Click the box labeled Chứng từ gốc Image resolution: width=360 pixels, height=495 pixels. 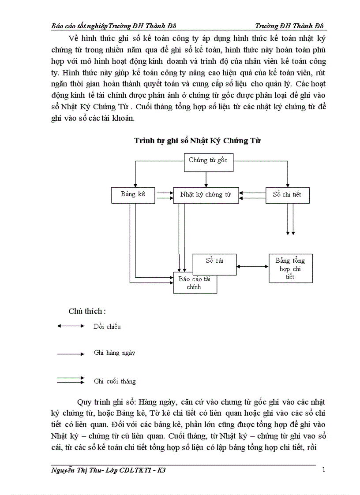[208, 160]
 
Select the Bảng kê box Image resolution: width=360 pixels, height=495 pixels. [133, 194]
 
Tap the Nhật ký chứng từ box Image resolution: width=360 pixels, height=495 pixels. [206, 194]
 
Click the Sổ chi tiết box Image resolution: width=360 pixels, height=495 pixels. [287, 194]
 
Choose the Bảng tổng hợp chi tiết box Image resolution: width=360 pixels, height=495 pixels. [290, 268]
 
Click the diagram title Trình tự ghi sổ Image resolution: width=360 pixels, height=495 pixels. [197, 141]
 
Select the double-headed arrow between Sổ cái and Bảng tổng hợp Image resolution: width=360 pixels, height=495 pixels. [252, 266]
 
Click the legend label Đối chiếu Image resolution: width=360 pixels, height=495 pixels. [107, 327]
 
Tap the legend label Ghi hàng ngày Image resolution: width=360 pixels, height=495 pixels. [115, 353]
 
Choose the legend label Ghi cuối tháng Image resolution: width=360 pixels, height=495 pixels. [115, 381]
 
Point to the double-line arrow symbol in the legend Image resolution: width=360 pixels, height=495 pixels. [71, 380]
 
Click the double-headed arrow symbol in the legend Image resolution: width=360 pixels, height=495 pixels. [71, 326]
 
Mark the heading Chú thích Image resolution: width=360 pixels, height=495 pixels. [87, 311]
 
